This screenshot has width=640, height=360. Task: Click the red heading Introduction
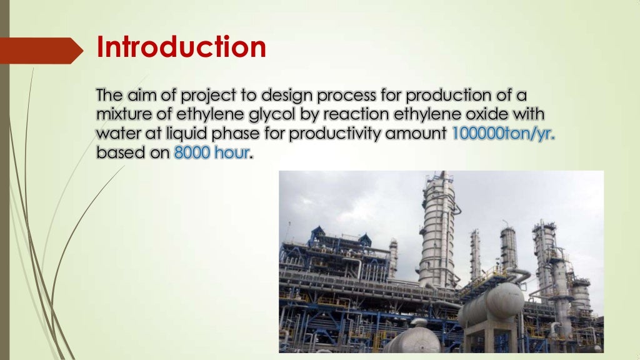coord(181,47)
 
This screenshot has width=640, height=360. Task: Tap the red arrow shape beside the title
coord(41,51)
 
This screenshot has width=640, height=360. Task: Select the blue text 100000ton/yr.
coord(503,134)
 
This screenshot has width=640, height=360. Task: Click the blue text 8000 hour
coord(212,152)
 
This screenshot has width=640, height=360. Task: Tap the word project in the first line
coord(209,96)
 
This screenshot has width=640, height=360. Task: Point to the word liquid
coord(187,134)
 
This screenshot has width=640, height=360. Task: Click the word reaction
coord(356,114)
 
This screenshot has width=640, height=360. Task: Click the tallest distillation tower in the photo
coord(439,229)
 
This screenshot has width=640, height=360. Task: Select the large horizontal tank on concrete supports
coord(492,306)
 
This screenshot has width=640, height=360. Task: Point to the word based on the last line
coord(121,152)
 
